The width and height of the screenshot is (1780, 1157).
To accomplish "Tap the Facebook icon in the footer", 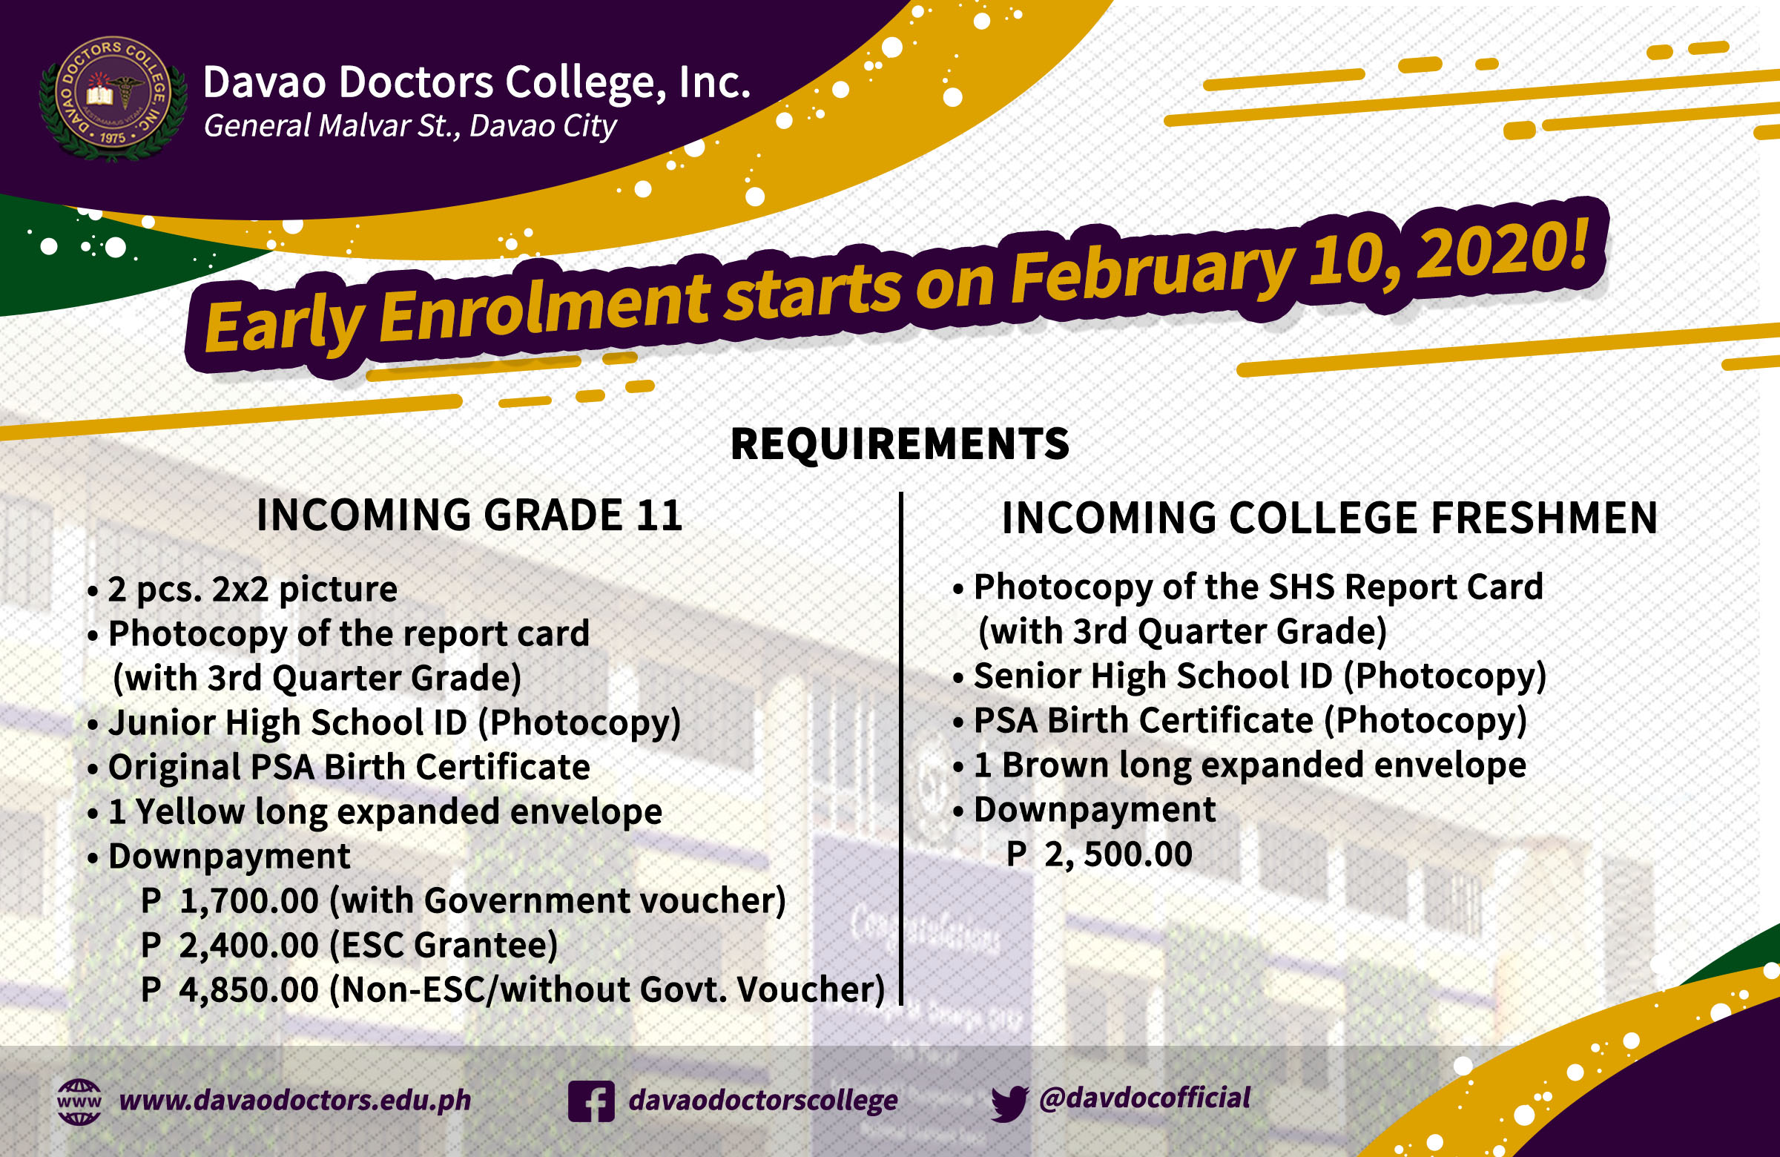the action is coord(591,1101).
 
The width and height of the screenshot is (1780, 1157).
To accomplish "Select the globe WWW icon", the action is coord(79,1101).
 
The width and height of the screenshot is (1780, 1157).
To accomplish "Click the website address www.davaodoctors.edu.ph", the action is coord(295,1100).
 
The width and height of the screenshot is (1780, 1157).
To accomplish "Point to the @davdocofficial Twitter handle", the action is coord(1144,1098).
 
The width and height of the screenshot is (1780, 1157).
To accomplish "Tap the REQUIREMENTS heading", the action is coord(900,444).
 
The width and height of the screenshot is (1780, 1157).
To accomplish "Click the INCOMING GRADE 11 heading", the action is coord(469,515).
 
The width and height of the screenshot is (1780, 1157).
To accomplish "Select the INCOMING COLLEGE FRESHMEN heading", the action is coord(1330,518).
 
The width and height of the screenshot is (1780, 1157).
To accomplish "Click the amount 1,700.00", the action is coord(249,900).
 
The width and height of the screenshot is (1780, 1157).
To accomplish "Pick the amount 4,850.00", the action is coord(249,989).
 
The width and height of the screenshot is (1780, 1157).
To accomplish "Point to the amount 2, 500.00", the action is coord(1118,854).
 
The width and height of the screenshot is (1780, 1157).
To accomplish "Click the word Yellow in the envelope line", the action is coord(190,811).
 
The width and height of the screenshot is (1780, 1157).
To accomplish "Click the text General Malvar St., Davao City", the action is coord(410,125).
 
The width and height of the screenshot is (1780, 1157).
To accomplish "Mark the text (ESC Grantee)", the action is coord(444,946).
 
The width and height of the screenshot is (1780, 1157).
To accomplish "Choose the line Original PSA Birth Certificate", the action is coord(339,768).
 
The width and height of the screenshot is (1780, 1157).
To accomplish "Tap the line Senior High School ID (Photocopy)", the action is coord(1250,676).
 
